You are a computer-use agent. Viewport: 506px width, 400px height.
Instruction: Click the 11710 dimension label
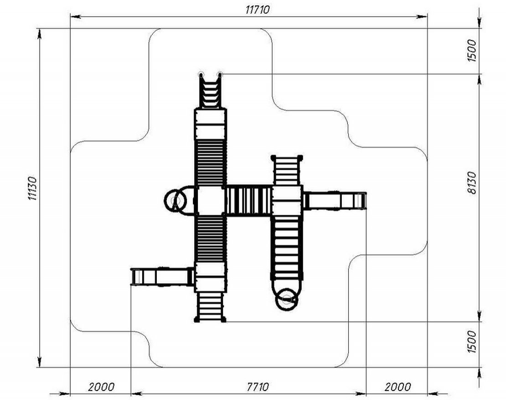click(257, 10)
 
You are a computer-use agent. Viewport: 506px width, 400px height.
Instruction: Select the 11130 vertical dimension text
click(32, 188)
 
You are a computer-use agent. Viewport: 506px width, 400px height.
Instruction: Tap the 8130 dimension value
click(471, 183)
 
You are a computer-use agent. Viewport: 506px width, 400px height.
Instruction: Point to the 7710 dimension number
click(258, 386)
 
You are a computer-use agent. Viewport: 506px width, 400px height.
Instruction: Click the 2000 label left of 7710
click(101, 386)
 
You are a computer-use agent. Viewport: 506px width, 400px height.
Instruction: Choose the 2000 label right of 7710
click(398, 386)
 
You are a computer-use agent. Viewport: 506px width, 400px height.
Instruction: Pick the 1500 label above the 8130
click(471, 51)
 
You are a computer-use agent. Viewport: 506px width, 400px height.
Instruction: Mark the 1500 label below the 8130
click(471, 342)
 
